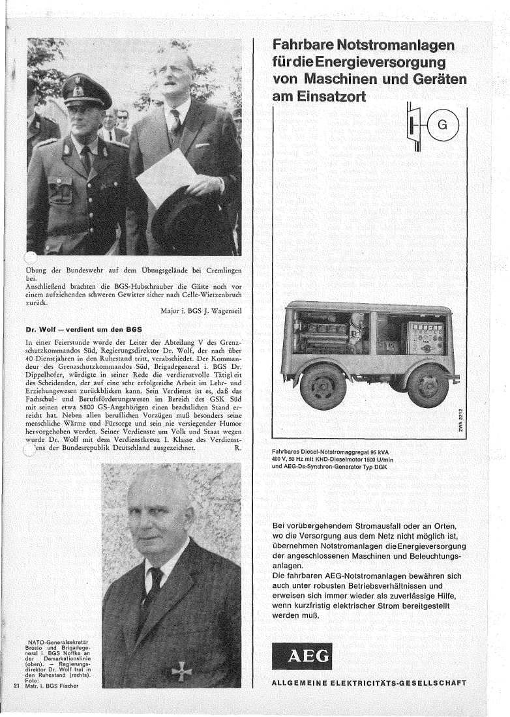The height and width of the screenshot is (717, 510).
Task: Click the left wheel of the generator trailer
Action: point(323,385)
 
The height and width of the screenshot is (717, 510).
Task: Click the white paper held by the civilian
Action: point(166,178)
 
